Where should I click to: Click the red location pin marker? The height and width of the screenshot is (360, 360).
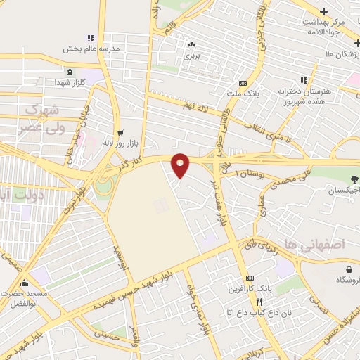tap(181, 165)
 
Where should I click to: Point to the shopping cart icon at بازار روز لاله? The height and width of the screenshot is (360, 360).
tap(120, 131)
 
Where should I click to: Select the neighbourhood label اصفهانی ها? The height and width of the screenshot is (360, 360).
tap(323, 245)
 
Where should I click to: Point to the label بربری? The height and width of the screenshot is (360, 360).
tap(191, 54)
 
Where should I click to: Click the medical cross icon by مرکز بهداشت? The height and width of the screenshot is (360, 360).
tap(323, 11)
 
